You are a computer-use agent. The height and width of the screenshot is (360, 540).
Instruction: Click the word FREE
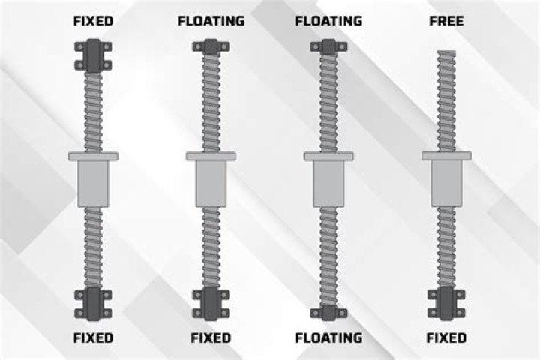point(445,21)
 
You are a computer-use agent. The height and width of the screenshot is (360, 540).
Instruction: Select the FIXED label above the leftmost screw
point(93,21)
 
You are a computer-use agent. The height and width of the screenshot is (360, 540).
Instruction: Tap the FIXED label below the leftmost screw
point(93,337)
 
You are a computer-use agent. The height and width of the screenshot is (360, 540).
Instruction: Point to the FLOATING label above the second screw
point(211,21)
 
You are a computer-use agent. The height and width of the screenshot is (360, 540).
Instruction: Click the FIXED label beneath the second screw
point(211,337)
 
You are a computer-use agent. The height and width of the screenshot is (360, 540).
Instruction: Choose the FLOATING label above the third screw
point(328,21)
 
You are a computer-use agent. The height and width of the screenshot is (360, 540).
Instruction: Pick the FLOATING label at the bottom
point(328,337)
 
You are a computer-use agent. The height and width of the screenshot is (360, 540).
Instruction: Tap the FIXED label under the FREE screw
point(445,337)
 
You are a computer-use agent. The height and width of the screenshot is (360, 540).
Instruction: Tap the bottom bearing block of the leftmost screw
point(93,301)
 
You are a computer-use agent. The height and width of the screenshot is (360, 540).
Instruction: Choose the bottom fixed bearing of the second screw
point(211,301)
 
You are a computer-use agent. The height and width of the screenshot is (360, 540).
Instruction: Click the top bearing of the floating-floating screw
point(328,47)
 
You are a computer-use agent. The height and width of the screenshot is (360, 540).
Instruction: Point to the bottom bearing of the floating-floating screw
point(328,312)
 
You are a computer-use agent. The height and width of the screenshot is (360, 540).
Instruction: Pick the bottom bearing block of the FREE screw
point(445,301)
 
